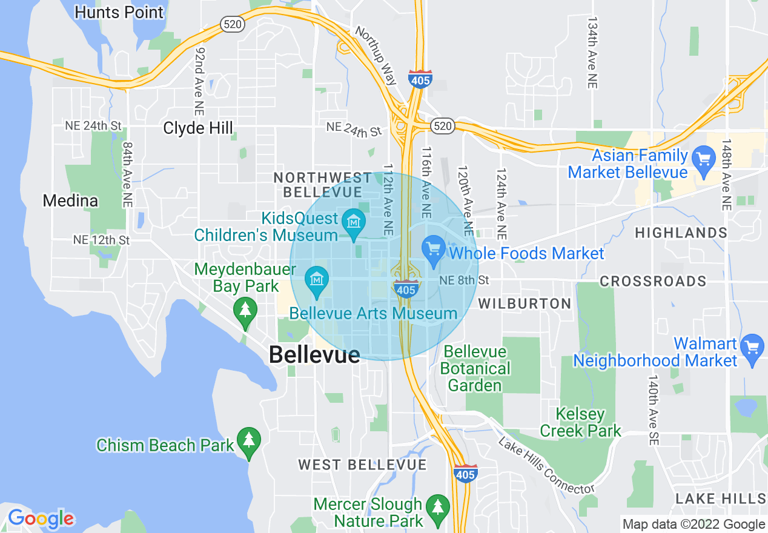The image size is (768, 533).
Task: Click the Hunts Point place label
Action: click(119, 12)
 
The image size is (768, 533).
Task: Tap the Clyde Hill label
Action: click(198, 128)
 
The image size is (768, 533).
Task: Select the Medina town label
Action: click(70, 200)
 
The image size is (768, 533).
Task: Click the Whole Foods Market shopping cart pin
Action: click(434, 249)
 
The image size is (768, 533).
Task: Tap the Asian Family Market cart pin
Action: click(703, 160)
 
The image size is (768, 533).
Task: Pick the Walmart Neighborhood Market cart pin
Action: click(752, 348)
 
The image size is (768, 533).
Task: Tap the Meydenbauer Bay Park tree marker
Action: click(245, 311)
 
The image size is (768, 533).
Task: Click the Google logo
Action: click(41, 518)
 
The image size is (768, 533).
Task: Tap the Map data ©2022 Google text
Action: click(694, 525)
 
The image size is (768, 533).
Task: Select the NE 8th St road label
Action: click(464, 280)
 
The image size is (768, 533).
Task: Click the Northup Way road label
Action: click(376, 55)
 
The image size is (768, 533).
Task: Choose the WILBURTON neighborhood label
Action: click(525, 303)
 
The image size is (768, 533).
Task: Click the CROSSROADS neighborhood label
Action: click(653, 281)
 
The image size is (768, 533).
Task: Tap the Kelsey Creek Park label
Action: click(580, 423)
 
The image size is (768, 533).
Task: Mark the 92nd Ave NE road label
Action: click(199, 82)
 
